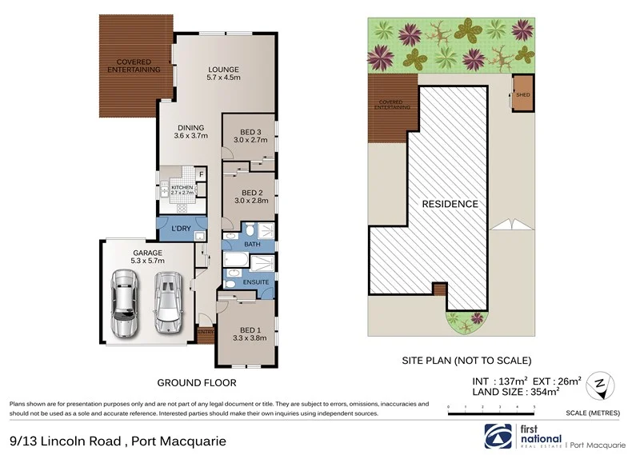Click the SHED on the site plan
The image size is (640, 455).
tap(523, 94)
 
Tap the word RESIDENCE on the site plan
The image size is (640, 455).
tap(450, 204)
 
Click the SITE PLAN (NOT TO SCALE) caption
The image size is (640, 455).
tap(466, 361)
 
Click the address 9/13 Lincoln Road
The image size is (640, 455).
tap(66, 441)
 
